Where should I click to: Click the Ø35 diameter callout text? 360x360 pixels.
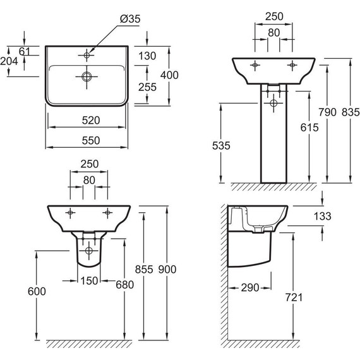130,19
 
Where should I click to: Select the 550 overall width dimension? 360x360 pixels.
91,140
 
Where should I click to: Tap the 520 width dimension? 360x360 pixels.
91,120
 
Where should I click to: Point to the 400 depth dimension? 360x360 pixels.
169,75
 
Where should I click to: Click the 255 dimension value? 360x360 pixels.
147,87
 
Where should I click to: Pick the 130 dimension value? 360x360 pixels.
147,56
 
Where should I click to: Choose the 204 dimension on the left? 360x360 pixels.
9,61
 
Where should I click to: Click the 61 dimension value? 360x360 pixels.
25,51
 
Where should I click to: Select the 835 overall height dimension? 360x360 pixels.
351,112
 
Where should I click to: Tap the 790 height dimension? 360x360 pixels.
327,112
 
